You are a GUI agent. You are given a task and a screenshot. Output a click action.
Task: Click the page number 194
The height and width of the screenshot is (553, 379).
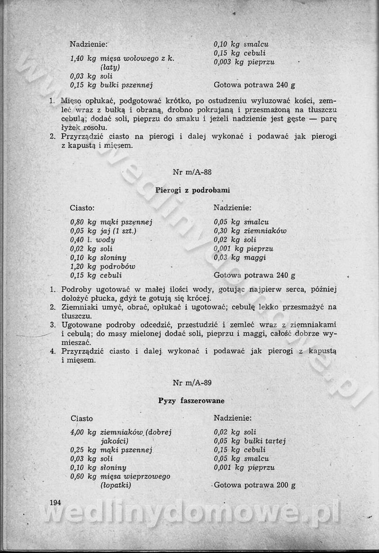55,502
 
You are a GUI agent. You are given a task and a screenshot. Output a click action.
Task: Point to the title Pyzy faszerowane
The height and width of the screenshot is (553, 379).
191,400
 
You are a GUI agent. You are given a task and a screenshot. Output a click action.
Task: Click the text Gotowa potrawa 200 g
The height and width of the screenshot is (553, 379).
254,485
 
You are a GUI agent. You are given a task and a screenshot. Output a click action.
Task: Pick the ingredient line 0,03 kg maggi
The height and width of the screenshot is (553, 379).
240,257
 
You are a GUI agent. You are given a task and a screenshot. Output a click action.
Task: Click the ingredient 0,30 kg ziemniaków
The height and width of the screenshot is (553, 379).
250,231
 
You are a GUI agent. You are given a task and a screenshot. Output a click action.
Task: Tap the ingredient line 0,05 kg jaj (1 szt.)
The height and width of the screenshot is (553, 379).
103,231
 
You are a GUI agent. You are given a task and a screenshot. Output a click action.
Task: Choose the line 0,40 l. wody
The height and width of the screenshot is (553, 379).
92,240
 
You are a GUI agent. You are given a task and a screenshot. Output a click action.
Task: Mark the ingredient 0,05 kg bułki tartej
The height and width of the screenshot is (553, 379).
250,441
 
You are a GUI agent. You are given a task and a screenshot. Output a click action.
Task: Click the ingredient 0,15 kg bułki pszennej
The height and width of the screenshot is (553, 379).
111,85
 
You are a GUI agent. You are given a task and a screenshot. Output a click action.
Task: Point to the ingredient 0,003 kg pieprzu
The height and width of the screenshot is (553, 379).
244,62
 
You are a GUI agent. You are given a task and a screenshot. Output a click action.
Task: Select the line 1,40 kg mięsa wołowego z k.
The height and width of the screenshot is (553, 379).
122,59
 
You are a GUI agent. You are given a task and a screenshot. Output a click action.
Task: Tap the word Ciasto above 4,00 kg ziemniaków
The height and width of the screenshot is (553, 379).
82,418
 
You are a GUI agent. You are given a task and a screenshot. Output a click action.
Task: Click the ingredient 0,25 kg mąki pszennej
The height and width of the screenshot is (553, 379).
110,450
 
